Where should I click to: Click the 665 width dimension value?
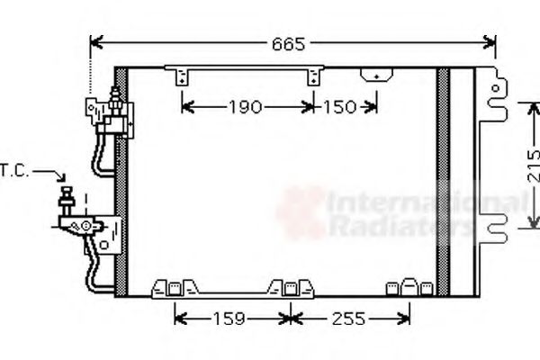tap(288, 43)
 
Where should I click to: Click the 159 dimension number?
tap(233, 318)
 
